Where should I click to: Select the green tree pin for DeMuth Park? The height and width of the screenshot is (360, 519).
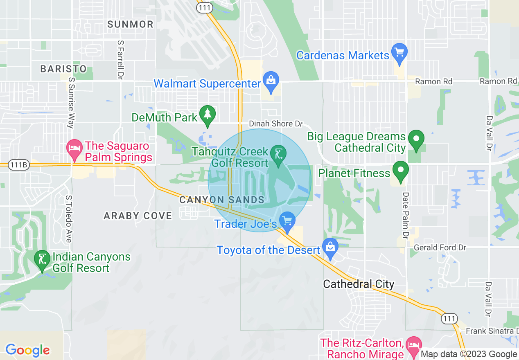pos(208,114)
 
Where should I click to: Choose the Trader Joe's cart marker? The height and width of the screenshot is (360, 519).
pos(287,221)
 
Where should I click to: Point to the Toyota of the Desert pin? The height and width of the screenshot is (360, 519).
pos(330,247)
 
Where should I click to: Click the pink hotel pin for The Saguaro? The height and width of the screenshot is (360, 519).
pos(74,148)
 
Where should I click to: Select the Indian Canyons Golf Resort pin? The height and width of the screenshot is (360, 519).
pos(42,260)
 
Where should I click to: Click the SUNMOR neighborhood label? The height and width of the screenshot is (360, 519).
pos(130,25)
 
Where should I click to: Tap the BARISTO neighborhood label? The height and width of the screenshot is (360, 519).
pos(63,69)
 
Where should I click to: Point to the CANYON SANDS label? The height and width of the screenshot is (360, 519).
pos(222,200)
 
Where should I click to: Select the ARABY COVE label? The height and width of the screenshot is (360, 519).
pos(138,216)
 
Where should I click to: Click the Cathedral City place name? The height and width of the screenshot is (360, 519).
pos(359,284)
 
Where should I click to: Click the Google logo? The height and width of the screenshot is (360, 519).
pos(27,350)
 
